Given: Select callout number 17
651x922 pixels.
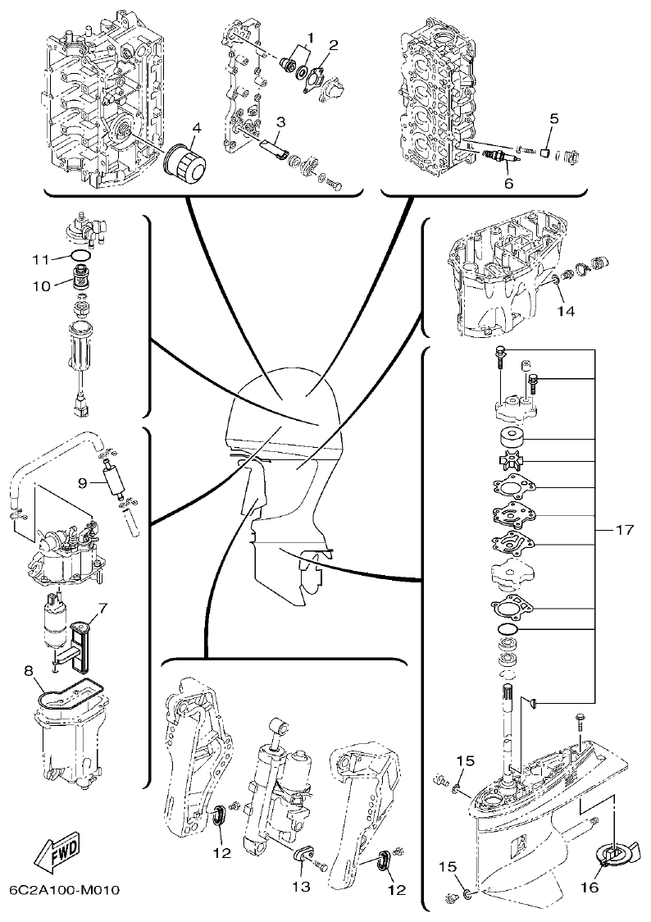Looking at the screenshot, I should click(x=624, y=531).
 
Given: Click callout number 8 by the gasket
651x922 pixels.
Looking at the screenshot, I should click(x=30, y=671).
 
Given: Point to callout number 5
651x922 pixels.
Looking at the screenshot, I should click(x=554, y=119).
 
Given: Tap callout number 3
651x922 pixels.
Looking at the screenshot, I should click(x=280, y=121).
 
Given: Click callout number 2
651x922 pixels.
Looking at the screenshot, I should click(x=333, y=43).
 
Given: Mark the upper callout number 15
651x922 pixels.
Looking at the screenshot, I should click(x=465, y=761).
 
